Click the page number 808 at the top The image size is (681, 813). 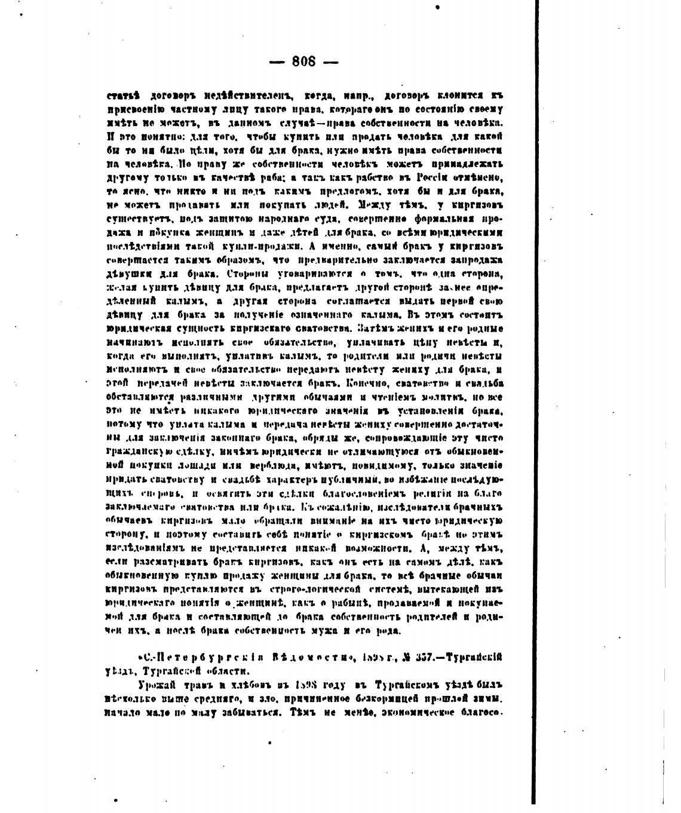tap(304, 62)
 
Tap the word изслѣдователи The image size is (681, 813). tap(411, 507)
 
